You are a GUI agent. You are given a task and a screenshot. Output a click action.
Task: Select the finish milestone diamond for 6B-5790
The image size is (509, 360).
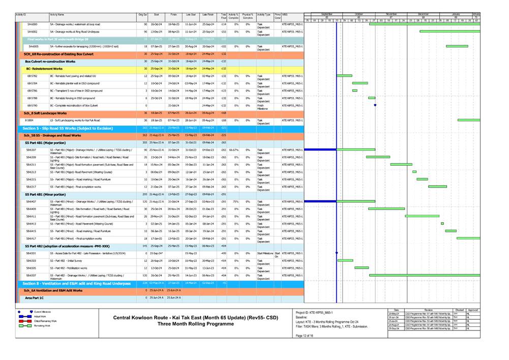[x=375, y=105]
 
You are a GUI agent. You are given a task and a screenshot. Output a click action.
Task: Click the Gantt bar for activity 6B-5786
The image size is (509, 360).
[x=354, y=91]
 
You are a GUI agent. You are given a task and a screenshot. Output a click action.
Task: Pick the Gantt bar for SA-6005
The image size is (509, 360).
[x=457, y=46]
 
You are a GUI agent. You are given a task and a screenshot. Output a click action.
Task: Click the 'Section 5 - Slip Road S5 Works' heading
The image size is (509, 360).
[x=67, y=128]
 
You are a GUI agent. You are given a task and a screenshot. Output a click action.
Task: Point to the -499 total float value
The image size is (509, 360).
[x=224, y=253]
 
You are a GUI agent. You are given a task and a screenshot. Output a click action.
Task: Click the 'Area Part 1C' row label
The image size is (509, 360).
[x=35, y=297]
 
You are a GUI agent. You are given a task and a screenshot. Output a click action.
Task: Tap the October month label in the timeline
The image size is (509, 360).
[x=358, y=14]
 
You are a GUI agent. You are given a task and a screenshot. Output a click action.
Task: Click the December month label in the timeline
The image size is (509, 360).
[x=423, y=14]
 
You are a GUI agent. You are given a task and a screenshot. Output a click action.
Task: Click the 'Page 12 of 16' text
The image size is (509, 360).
[x=305, y=336]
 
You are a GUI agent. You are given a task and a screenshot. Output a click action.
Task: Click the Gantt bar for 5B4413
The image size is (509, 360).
[x=442, y=223]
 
